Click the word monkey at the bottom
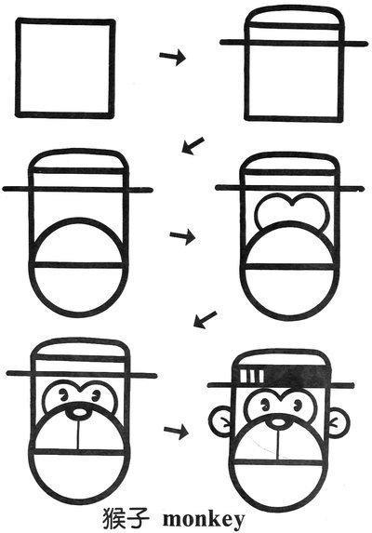pos(204,520)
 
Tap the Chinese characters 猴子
pos(126,519)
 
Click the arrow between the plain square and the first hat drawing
pos(173,58)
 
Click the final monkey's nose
pos(279,422)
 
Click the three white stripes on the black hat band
pos(252,375)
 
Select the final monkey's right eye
pos(298,405)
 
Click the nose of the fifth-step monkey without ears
pos(79,412)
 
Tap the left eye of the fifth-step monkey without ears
pos(63,394)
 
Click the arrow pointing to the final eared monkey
pos(176,432)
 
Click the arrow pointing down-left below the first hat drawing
pos(193,145)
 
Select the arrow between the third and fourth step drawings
pos(183,236)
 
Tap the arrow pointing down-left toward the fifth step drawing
pos(205,320)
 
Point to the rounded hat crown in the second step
pos(294,11)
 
